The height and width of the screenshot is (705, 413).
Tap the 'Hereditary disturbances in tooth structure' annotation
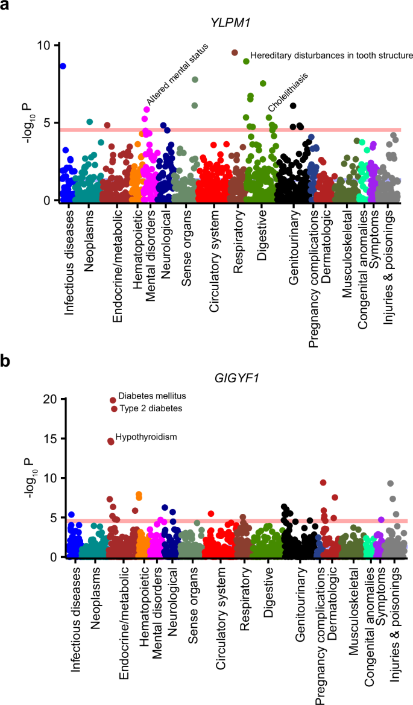point(331,55)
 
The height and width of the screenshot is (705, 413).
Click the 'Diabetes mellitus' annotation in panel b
point(152,397)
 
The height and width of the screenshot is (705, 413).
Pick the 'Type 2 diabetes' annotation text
point(151,409)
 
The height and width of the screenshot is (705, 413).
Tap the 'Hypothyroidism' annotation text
point(146,437)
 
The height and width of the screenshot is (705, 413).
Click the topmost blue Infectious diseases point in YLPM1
point(63,66)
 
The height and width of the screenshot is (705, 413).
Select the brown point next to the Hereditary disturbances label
point(235,53)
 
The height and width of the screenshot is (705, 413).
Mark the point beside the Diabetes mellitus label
point(113,400)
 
